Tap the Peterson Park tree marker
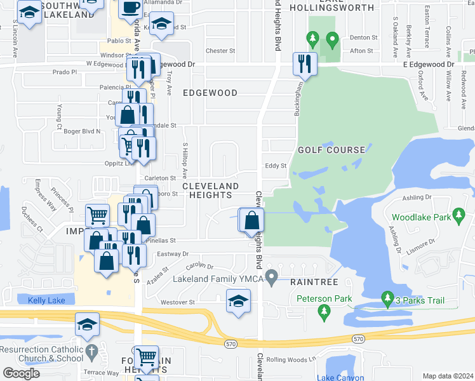click(x=324, y=311)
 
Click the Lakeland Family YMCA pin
click(x=272, y=277)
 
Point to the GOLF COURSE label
click(x=331, y=150)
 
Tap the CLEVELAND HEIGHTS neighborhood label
click(x=211, y=190)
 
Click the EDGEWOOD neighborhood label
click(x=210, y=93)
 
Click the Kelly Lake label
click(x=46, y=300)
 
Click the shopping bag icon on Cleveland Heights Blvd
click(x=252, y=220)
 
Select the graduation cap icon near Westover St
click(x=238, y=301)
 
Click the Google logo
click(x=22, y=373)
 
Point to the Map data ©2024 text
click(x=447, y=376)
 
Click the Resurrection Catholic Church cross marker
click(x=91, y=350)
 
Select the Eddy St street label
click(x=276, y=165)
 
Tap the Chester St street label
click(x=220, y=51)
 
